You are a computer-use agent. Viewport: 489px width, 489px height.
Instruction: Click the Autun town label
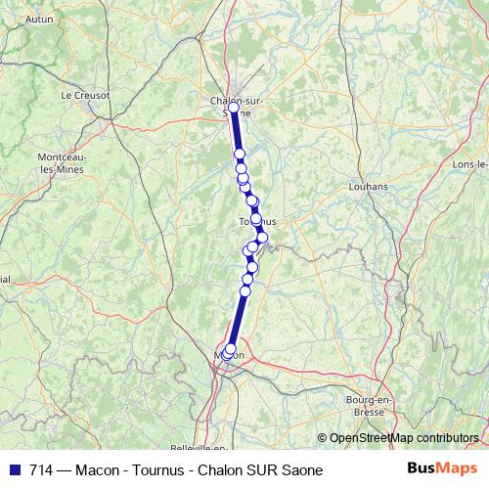(x=39, y=19)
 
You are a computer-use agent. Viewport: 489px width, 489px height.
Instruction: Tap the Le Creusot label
(x=85, y=95)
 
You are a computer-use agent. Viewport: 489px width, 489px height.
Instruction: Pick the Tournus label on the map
(x=257, y=222)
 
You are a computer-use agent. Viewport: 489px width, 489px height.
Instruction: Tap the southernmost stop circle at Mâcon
(x=228, y=353)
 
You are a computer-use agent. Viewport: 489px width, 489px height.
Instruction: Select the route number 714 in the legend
(x=42, y=470)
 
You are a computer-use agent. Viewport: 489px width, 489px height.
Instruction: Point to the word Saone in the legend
(x=301, y=470)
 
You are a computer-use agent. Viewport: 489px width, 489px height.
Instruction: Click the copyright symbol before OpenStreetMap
(x=322, y=438)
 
